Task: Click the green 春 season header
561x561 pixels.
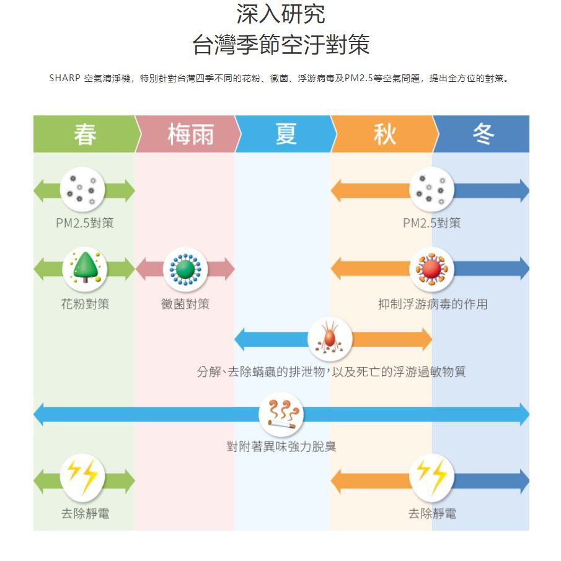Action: click(84, 134)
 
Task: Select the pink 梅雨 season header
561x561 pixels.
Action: click(186, 134)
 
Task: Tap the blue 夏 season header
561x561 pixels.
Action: click(285, 134)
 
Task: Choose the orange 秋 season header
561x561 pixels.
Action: click(384, 134)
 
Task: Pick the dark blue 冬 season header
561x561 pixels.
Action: click(482, 134)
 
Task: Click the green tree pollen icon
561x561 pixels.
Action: click(84, 268)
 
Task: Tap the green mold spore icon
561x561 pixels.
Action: click(185, 269)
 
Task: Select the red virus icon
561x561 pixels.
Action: click(432, 269)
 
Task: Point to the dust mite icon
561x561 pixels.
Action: click(330, 339)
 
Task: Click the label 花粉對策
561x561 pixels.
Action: click(85, 304)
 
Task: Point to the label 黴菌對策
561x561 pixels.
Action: click(185, 304)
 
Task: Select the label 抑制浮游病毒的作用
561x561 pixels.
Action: click(432, 304)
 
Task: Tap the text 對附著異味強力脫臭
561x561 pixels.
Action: click(281, 446)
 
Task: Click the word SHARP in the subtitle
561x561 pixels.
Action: click(64, 79)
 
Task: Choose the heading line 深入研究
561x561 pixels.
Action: click(281, 14)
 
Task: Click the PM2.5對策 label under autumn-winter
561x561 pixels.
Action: click(432, 223)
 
